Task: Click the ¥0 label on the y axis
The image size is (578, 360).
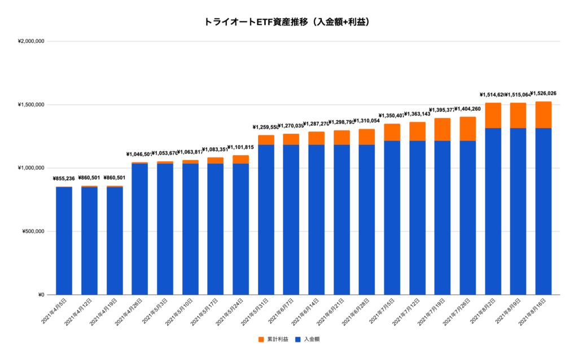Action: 40,295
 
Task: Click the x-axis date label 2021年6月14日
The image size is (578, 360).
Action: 306,312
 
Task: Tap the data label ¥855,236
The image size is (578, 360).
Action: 64,179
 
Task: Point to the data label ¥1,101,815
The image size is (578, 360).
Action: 240,147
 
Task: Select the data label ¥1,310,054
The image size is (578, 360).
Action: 367,121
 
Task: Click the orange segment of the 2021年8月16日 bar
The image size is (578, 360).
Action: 543,115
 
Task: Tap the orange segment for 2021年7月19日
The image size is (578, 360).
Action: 443,130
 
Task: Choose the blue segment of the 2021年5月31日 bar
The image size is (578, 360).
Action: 266,220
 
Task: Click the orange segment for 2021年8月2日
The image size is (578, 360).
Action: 493,116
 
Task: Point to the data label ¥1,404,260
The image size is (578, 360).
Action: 468,109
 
